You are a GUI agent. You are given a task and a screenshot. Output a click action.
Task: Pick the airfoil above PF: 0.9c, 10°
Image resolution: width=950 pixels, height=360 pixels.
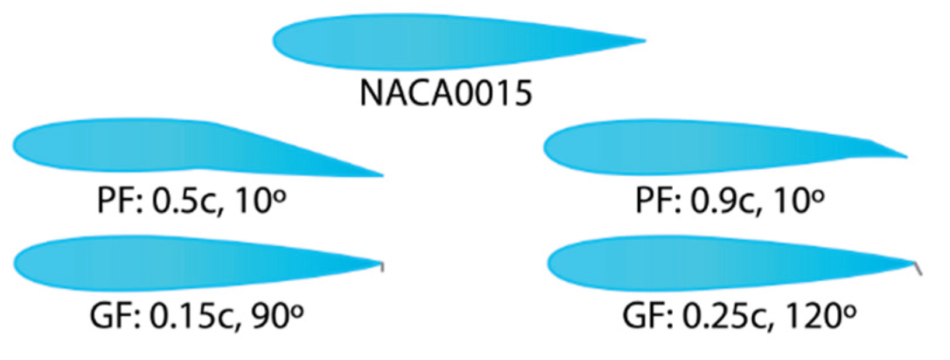click(700, 147)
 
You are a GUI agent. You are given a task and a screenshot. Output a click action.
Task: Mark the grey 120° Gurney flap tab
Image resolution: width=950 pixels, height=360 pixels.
click(918, 268)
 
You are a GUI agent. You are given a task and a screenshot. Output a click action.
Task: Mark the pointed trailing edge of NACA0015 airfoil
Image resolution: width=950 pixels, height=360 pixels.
click(642, 41)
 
